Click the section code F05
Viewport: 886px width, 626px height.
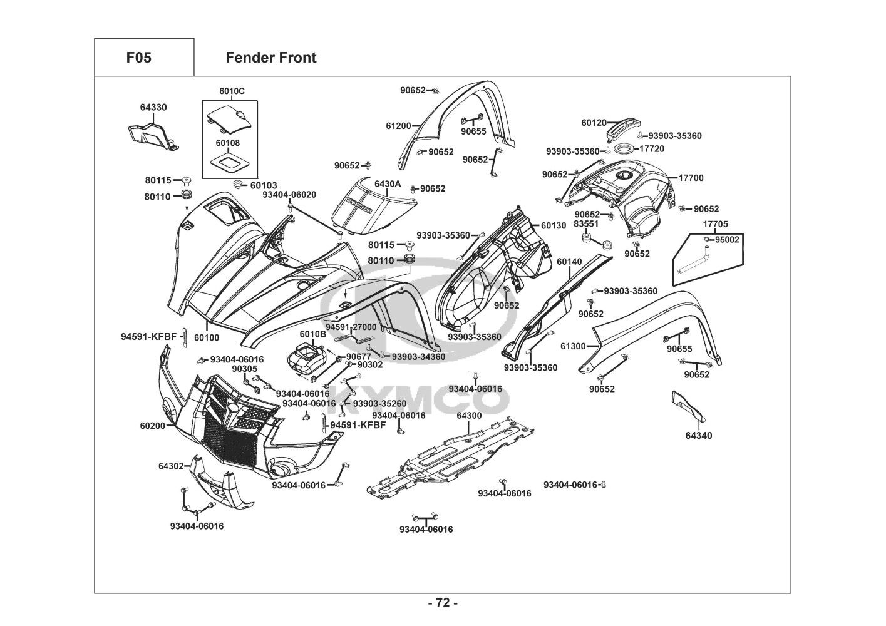(138, 58)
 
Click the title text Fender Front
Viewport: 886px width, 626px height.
(270, 58)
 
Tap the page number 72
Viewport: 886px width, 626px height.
(443, 603)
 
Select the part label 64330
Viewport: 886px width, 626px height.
(153, 108)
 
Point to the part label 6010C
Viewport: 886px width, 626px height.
(232, 91)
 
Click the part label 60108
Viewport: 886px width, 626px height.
(227, 143)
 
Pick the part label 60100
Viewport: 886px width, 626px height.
(207, 337)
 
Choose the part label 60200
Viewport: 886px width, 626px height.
(153, 426)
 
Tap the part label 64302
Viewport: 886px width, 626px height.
(171, 466)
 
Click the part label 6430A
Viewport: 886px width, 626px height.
(387, 185)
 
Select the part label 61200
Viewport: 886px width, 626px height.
(398, 126)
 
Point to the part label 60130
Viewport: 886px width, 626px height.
(553, 225)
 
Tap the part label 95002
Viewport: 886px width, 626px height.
(727, 240)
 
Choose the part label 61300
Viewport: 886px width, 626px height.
(573, 346)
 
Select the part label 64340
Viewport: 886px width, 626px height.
(698, 436)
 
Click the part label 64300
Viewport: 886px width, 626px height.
(469, 416)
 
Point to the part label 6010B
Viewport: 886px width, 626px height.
(312, 334)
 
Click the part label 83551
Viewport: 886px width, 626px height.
(586, 223)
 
